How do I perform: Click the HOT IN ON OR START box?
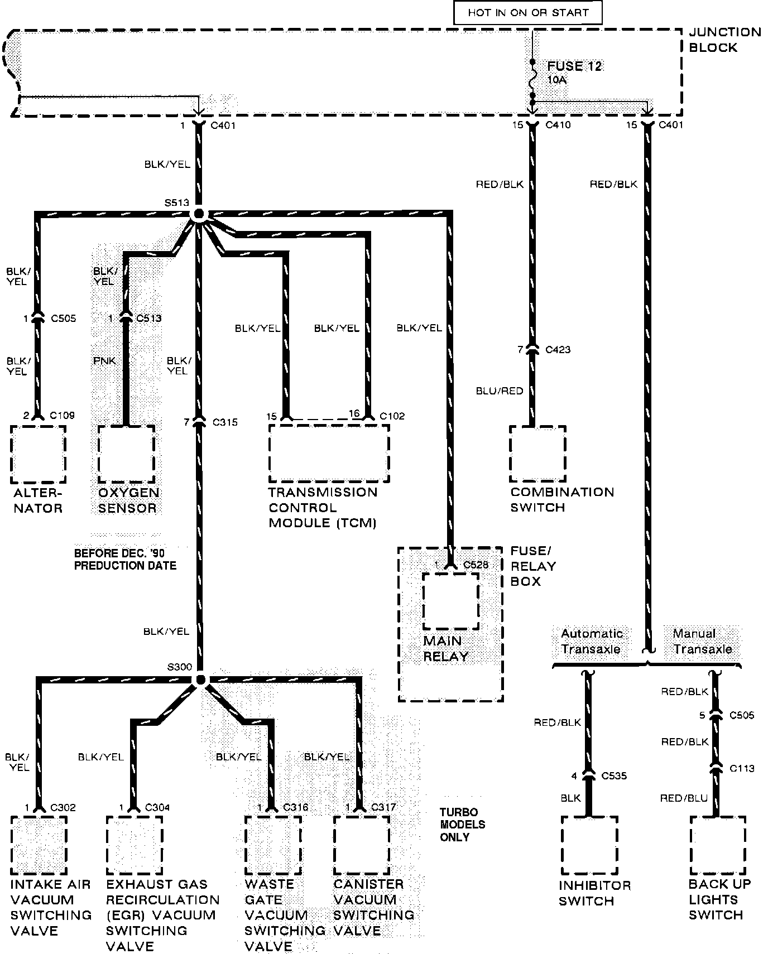(527, 12)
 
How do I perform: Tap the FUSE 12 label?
(574, 66)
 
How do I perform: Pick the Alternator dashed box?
(38, 454)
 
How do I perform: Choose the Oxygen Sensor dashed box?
(126, 454)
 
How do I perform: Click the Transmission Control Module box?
(329, 453)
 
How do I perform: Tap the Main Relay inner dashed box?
(450, 600)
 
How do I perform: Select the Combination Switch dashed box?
(537, 454)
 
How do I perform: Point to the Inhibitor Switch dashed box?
(589, 846)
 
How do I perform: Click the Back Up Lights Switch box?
(717, 846)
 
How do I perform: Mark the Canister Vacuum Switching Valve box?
(361, 846)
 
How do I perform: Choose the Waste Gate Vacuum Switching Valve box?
(273, 846)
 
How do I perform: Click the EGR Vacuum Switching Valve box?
(134, 846)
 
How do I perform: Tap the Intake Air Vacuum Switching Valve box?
(39, 846)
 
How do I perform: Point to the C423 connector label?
(558, 350)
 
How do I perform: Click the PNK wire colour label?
(104, 361)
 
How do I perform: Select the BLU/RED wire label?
(499, 391)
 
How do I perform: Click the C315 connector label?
(225, 422)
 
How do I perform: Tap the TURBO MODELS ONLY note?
(462, 825)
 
